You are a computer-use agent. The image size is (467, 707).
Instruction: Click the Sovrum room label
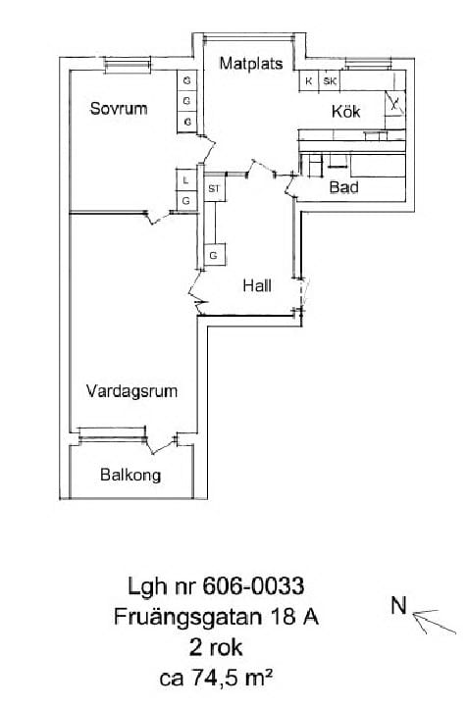click(x=119, y=109)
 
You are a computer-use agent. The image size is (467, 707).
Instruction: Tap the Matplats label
click(x=251, y=63)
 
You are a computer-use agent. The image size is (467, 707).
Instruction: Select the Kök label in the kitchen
click(x=346, y=112)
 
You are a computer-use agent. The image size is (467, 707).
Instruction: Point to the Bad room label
click(x=343, y=186)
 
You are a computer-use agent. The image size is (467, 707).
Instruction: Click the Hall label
click(x=257, y=285)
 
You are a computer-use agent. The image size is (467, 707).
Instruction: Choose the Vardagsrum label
click(x=131, y=391)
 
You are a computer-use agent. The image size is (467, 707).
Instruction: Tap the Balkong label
click(x=130, y=475)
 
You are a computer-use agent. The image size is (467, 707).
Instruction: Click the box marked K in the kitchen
click(x=309, y=81)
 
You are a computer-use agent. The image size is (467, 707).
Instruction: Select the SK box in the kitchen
click(x=330, y=81)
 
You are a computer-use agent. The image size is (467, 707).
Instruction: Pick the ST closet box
click(x=214, y=188)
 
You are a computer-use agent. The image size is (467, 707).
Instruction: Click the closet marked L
click(x=185, y=179)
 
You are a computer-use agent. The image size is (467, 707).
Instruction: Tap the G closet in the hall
click(x=214, y=256)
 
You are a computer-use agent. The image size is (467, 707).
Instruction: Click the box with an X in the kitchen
click(x=394, y=104)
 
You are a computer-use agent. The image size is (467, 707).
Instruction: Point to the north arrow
click(x=434, y=622)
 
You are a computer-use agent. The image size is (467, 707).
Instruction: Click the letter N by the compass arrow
click(x=399, y=606)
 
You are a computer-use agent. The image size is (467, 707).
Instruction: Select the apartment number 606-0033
click(x=253, y=586)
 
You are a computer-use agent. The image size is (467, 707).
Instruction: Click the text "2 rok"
click(x=216, y=647)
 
